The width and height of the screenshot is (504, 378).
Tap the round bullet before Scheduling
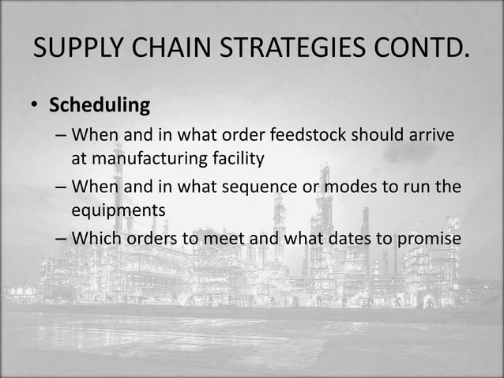click(37, 106)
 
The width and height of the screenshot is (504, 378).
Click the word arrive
click(431, 135)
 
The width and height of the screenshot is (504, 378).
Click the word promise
click(424, 239)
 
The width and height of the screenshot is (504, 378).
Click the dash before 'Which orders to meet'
click(61, 240)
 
